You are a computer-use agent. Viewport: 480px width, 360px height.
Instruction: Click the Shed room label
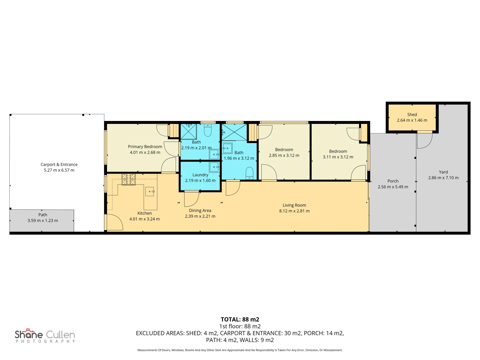[412, 115]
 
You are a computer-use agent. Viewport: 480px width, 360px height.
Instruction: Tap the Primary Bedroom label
[145, 147]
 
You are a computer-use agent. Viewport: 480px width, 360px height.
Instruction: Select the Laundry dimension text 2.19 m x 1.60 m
[200, 181]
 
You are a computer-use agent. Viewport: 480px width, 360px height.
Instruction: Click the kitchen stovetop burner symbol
[128, 180]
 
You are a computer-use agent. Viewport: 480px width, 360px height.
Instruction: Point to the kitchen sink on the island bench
[150, 191]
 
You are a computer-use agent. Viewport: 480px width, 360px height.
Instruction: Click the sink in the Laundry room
[214, 167]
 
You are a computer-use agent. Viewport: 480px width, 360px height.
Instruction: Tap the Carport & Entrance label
[59, 165]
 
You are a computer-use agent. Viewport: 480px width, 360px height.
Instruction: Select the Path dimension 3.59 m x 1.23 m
[43, 221]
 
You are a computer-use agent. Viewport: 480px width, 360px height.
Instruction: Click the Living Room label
[294, 205]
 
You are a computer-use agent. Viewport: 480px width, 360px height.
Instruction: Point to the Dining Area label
[200, 210]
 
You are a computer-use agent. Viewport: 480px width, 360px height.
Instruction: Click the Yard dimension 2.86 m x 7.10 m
[443, 178]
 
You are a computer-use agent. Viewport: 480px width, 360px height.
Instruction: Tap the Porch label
[393, 181]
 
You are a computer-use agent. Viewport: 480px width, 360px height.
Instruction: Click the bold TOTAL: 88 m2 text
[240, 319]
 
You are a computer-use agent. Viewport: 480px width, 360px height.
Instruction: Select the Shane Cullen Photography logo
[45, 336]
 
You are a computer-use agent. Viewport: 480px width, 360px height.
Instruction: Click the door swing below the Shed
[425, 140]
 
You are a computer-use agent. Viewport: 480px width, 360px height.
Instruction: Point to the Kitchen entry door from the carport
[114, 222]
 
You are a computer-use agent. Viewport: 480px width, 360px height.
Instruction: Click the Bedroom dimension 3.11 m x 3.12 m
[338, 157]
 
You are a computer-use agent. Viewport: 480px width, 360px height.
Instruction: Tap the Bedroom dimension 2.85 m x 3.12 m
[284, 155]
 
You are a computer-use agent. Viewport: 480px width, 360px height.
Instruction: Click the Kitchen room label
[145, 213]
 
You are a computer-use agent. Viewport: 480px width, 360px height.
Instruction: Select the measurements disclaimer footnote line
[240, 350]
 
